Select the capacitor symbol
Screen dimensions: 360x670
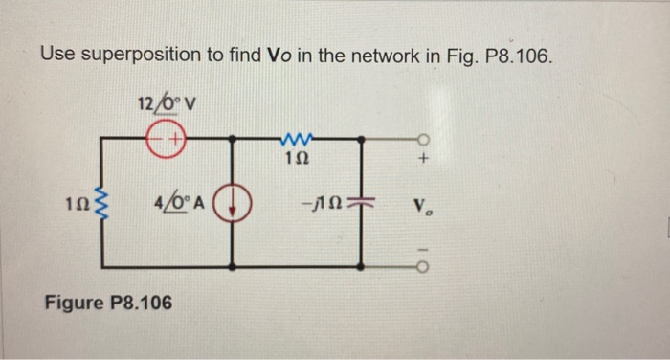coord(362,204)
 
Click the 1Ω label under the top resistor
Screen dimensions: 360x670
coord(296,159)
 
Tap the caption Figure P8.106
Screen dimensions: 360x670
coord(108,304)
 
